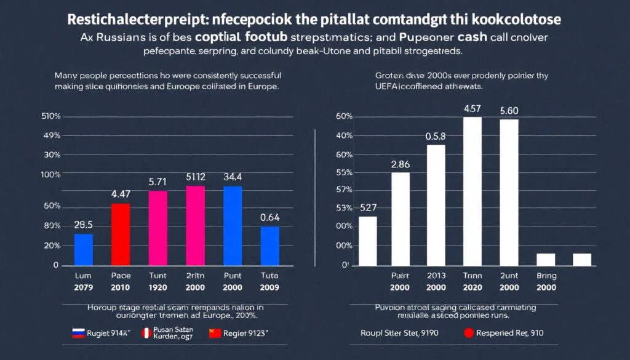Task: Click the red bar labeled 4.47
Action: (121, 234)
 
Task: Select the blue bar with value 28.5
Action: (84, 249)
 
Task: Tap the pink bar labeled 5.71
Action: (158, 228)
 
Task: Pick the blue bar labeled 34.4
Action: (233, 225)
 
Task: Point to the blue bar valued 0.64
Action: (269, 246)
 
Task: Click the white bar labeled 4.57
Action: (472, 191)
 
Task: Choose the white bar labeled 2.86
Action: (400, 218)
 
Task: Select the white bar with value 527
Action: (367, 241)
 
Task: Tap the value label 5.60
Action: (509, 111)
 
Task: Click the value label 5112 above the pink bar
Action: (196, 177)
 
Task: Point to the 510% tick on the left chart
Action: (50, 116)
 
